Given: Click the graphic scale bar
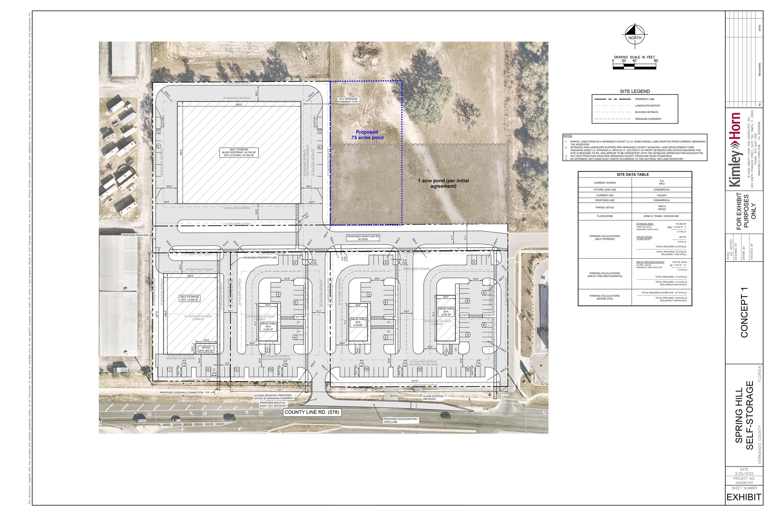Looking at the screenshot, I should (634, 67).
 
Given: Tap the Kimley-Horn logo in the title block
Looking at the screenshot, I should (735, 149).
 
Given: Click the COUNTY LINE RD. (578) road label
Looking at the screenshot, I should (312, 412).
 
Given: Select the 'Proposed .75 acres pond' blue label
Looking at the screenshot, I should (367, 135).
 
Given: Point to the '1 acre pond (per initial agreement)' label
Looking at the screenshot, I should (443, 183).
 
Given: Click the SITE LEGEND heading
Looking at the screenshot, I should (635, 91).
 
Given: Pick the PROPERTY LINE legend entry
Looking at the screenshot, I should (644, 99).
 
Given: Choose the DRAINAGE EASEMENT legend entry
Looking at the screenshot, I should (648, 119).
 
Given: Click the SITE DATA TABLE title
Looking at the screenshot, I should (635, 175).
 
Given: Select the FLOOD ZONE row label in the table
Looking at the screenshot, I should (605, 216).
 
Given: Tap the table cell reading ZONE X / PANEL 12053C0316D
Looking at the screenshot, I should (661, 216).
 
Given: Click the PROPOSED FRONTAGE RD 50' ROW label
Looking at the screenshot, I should (363, 237).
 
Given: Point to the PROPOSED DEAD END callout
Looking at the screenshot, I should (135, 235).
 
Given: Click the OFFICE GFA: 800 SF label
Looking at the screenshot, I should (206, 349).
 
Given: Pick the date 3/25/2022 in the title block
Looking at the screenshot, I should (744, 473).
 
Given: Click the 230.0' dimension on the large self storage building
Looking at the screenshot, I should (239, 104).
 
